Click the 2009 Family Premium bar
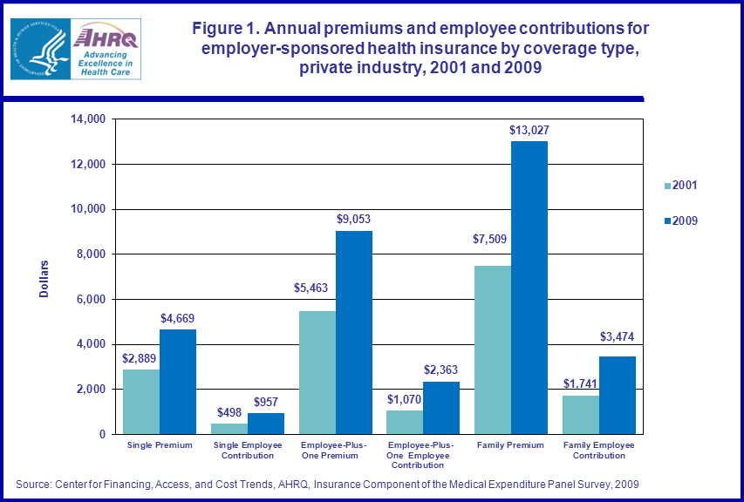pyautogui.click(x=529, y=288)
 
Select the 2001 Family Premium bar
pyautogui.click(x=493, y=349)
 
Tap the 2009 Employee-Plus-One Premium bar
pyautogui.click(x=354, y=332)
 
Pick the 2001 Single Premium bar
pyautogui.click(x=141, y=402)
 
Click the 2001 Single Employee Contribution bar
pyautogui.click(x=229, y=429)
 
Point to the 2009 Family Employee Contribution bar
pyautogui.click(x=618, y=395)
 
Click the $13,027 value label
pyautogui.click(x=529, y=130)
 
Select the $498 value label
pyautogui.click(x=229, y=411)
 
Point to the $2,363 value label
pyautogui.click(x=440, y=370)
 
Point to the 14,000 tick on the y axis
pyautogui.click(x=88, y=119)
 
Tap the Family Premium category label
pyautogui.click(x=511, y=445)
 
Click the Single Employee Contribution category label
pyautogui.click(x=248, y=450)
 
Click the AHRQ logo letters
pyautogui.click(x=105, y=37)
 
